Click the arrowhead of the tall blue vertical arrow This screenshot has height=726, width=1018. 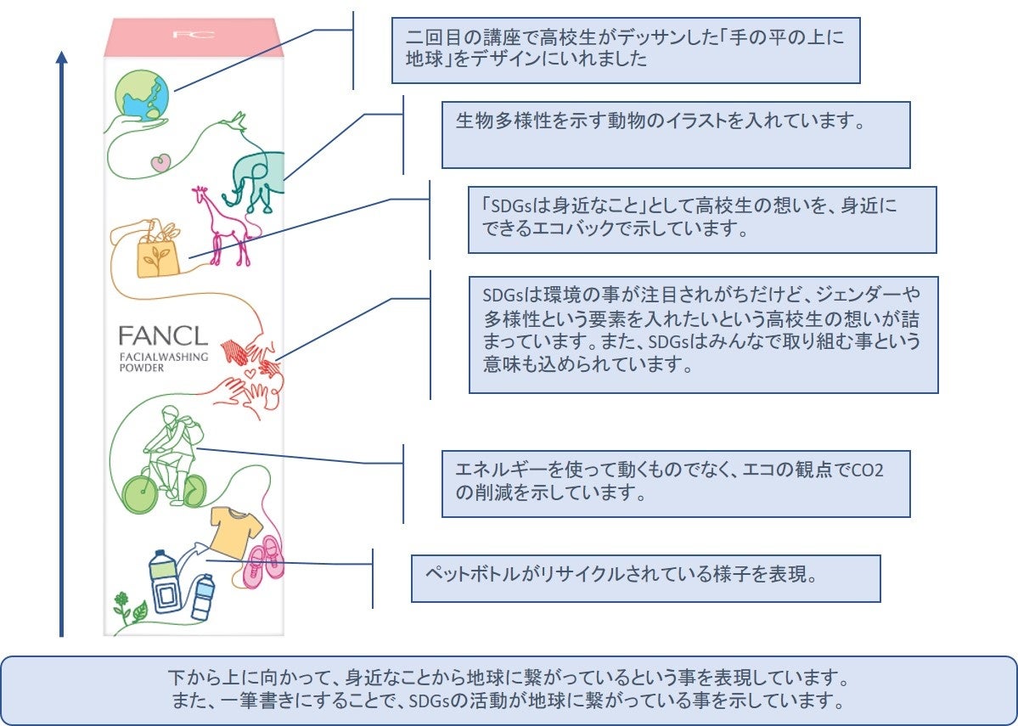61,57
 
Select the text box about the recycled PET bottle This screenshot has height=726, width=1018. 645,578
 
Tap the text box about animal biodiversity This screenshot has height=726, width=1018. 675,134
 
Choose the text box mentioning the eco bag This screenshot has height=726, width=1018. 701,219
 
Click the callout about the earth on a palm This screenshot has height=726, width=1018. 625,49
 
